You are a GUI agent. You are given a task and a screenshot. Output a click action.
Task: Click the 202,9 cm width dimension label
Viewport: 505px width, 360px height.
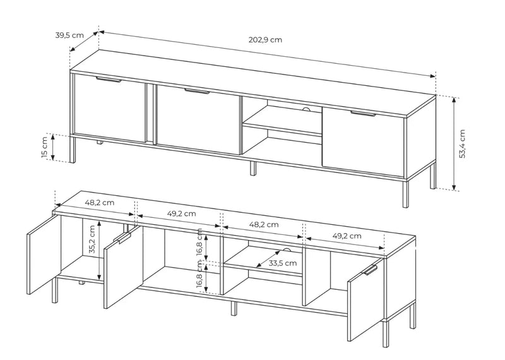[x=265, y=40]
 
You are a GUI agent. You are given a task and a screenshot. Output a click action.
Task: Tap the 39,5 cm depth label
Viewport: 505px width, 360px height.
[x=69, y=35]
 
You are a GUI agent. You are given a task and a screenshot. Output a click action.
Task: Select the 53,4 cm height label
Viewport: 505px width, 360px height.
[x=462, y=144]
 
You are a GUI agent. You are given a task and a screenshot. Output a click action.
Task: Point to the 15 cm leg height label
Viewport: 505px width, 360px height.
[x=44, y=147]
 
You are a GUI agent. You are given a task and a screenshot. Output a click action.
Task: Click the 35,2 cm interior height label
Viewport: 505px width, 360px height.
[x=92, y=239]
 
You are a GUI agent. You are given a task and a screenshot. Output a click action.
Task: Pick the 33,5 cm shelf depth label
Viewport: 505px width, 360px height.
[x=283, y=263]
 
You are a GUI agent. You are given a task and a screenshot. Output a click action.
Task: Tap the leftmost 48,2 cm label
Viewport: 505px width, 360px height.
[x=100, y=203]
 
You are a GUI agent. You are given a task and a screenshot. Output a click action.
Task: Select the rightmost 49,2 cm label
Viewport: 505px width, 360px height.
[x=347, y=236]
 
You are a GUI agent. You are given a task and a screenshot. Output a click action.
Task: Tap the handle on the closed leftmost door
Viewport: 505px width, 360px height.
[x=109, y=80]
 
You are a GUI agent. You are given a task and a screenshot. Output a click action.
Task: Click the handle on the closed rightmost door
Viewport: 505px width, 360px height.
[x=364, y=114]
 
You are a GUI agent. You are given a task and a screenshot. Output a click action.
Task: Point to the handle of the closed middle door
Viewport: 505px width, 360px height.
[x=197, y=91]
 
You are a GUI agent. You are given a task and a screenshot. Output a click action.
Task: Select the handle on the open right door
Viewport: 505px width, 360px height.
[x=371, y=270]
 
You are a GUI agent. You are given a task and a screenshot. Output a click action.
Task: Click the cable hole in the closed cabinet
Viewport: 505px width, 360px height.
[x=306, y=109]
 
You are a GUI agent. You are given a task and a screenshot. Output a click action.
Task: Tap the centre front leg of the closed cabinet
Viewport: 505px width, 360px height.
[x=253, y=168]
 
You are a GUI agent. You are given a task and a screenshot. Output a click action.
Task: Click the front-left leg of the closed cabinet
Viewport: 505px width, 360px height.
[x=73, y=150]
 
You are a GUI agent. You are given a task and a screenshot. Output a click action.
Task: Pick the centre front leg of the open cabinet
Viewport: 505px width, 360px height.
[x=234, y=308]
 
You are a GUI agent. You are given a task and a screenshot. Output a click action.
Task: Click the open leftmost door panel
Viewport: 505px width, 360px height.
[x=44, y=255]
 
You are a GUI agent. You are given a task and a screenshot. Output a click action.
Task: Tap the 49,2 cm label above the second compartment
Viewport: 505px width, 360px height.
[x=182, y=213]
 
